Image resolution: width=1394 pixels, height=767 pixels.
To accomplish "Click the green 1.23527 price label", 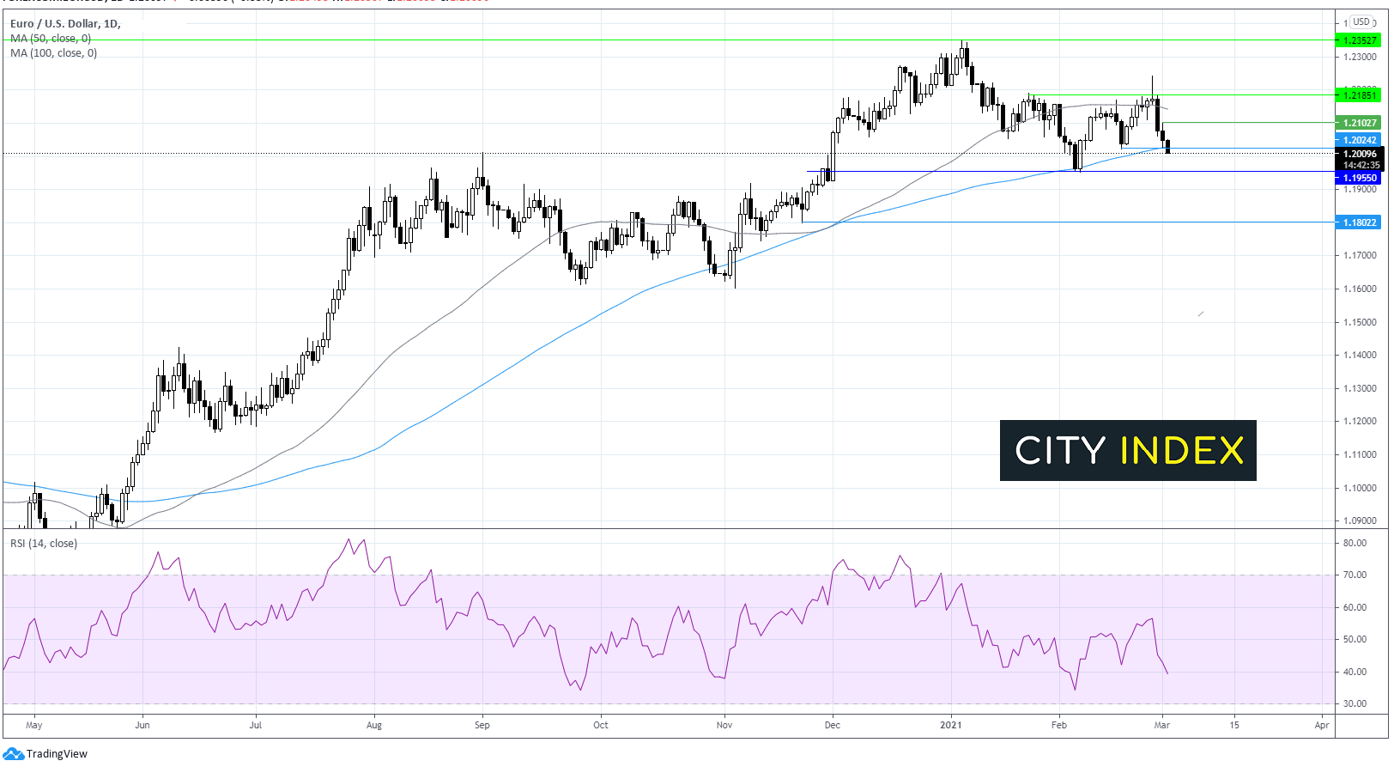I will coord(1359,40).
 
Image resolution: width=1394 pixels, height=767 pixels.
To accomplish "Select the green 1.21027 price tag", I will coord(1359,123).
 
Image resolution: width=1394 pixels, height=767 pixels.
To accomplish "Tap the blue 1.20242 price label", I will coord(1359,140).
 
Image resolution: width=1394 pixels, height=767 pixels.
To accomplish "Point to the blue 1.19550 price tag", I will coord(1359,178).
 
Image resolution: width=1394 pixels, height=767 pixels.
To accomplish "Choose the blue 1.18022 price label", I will coord(1359,222).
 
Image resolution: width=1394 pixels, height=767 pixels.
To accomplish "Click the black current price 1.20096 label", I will coord(1359,155).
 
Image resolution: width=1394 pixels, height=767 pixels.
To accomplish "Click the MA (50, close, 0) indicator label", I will coord(51,39).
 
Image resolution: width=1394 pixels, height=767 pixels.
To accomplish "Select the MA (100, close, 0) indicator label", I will coord(53,53).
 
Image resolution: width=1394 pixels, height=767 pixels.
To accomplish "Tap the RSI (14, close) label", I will coord(43,544).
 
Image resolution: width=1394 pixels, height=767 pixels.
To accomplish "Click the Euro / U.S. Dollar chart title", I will coord(65,24).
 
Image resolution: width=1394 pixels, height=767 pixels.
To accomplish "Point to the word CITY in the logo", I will coord(1060,451).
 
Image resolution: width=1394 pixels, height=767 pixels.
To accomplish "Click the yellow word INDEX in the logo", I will coord(1182,451).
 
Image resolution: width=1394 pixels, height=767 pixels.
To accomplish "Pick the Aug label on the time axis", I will coord(373,725).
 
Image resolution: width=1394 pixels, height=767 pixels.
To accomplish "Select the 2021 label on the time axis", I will coord(950,725).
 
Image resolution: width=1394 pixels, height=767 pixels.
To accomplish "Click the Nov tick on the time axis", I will coord(724,725).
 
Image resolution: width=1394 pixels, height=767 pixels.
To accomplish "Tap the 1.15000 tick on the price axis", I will coord(1359,322).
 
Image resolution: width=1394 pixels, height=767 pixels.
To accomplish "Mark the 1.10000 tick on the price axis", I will coord(1359,488).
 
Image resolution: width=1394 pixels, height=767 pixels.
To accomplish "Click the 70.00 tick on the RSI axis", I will coord(1355,575).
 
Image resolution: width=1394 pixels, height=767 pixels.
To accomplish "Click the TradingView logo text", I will coord(57,754).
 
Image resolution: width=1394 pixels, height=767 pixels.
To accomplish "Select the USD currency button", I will coord(1361,21).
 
